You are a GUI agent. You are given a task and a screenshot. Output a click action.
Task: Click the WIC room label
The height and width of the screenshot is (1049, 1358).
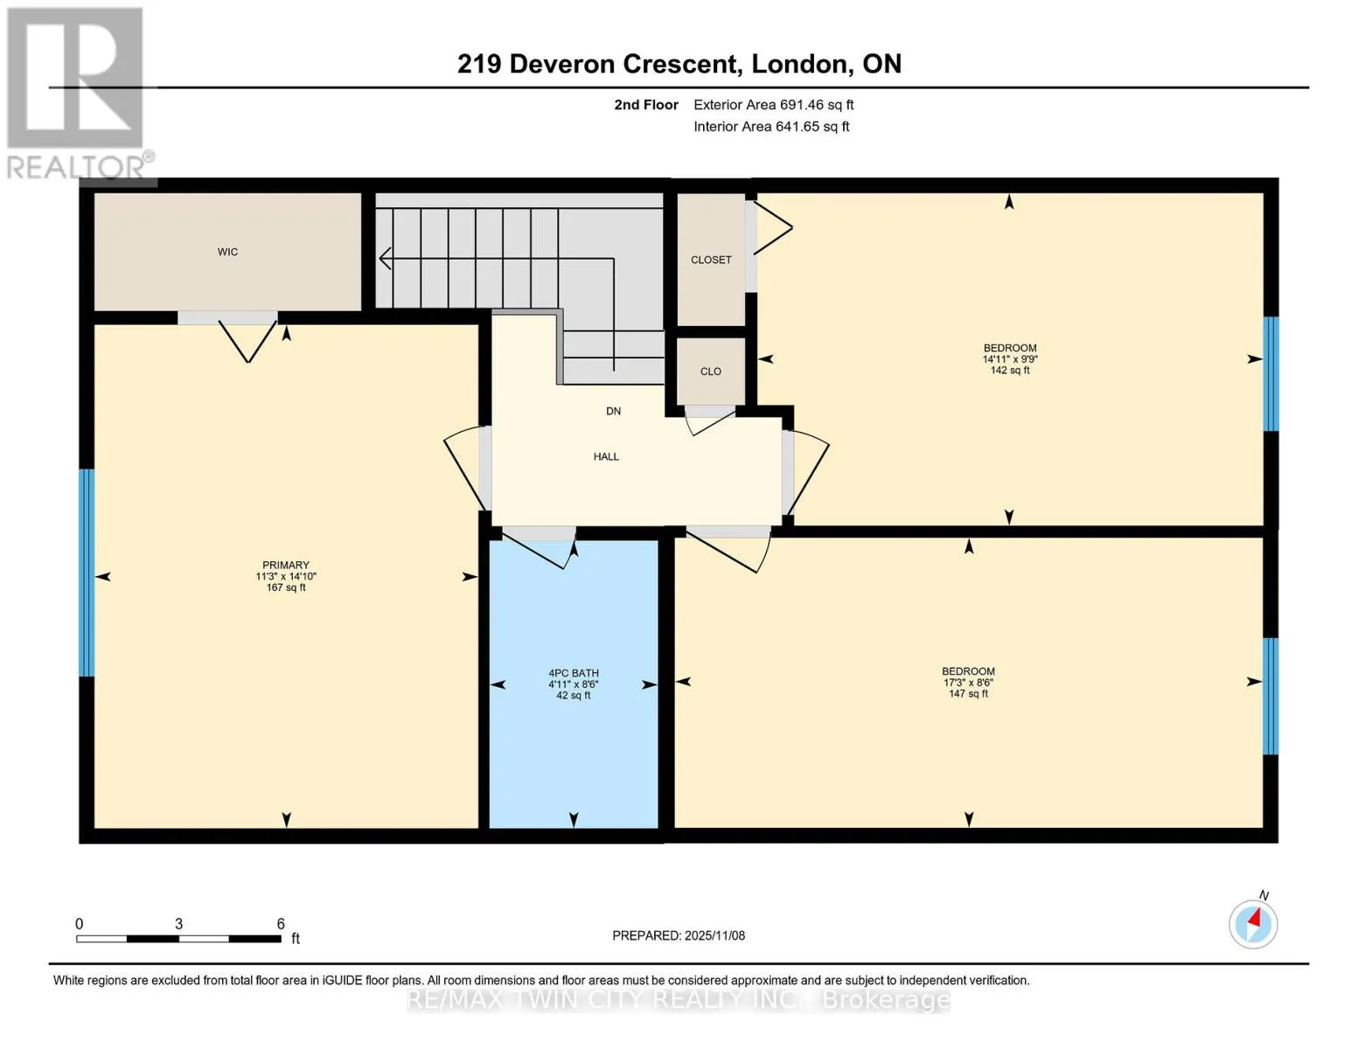click(x=227, y=252)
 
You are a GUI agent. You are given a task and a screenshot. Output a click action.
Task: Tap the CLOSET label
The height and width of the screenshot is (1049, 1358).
click(x=711, y=260)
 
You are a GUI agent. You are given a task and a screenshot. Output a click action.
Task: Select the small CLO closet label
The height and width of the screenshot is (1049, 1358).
click(x=711, y=372)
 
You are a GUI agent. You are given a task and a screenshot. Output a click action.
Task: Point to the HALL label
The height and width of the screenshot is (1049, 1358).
click(x=606, y=456)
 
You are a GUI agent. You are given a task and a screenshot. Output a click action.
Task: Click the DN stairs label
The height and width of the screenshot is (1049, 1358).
click(x=613, y=411)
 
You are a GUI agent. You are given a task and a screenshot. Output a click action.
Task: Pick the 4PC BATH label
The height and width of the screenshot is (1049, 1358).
click(x=573, y=673)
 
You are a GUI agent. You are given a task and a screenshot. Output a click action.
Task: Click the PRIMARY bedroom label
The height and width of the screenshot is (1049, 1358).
click(x=286, y=565)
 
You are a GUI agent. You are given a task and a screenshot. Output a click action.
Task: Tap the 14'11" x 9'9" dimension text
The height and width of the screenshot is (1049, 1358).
click(x=1010, y=359)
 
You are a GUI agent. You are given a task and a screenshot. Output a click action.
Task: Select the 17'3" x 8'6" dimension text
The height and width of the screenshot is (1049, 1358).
click(x=968, y=682)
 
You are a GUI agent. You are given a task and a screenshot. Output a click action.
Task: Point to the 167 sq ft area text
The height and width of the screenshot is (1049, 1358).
click(x=286, y=587)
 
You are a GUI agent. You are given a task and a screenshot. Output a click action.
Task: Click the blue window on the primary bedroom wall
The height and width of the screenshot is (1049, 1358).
click(x=87, y=573)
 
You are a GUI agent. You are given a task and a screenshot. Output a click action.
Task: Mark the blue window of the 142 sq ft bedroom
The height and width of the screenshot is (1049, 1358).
click(x=1271, y=374)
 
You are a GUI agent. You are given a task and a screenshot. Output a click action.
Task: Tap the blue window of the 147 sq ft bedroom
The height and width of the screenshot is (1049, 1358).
click(x=1270, y=696)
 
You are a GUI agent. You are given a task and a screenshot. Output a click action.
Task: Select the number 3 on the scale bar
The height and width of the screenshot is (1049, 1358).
click(x=178, y=923)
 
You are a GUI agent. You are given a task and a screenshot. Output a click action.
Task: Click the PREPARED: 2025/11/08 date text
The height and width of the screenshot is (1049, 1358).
click(x=679, y=935)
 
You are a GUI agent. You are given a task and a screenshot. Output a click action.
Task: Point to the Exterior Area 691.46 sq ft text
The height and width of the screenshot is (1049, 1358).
click(x=774, y=105)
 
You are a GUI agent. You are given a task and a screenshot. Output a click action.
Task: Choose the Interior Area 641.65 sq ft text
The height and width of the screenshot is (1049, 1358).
click(x=771, y=126)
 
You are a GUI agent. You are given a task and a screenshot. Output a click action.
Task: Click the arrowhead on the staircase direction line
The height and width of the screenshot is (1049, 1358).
click(x=385, y=258)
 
